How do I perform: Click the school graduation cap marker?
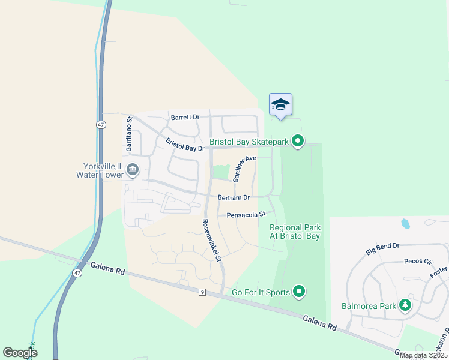[280, 105]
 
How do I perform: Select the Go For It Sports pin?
[298, 292]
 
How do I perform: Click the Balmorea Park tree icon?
[405, 305]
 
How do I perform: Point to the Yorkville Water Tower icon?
[133, 171]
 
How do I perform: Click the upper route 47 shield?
[100, 124]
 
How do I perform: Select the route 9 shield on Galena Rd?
[203, 292]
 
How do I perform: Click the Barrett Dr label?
[184, 118]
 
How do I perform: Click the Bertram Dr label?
[234, 197]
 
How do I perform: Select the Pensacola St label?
[246, 214]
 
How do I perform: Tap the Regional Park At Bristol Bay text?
[295, 232]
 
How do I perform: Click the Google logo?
[20, 353]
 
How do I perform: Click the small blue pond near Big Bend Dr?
[405, 224]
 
